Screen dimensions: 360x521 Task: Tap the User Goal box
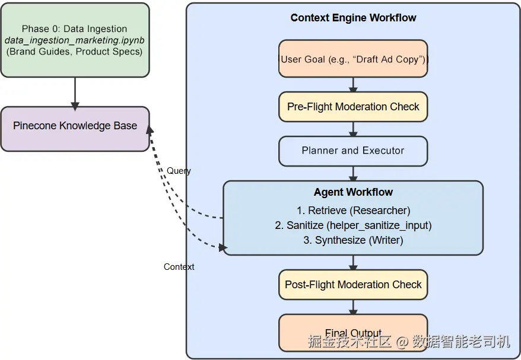353,59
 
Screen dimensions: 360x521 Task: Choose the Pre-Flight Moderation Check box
353,107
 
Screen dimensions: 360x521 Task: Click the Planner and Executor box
353,151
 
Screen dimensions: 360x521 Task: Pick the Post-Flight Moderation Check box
353,285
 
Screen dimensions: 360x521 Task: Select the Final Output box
353,332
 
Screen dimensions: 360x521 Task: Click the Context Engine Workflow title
353,18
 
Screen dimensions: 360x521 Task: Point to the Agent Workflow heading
353,192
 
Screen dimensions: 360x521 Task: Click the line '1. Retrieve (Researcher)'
353,211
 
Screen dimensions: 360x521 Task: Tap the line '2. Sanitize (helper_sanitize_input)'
353,225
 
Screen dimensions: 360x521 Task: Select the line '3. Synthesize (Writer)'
353,240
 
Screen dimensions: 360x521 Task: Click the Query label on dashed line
179,171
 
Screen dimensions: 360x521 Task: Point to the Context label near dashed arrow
179,267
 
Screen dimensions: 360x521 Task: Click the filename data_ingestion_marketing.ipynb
75,40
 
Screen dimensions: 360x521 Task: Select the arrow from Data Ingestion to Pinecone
75,93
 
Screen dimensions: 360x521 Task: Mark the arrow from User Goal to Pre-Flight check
353,84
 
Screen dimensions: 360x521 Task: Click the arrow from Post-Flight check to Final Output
353,307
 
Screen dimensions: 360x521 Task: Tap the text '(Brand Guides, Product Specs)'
75,52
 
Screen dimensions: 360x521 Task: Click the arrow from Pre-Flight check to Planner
353,129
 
